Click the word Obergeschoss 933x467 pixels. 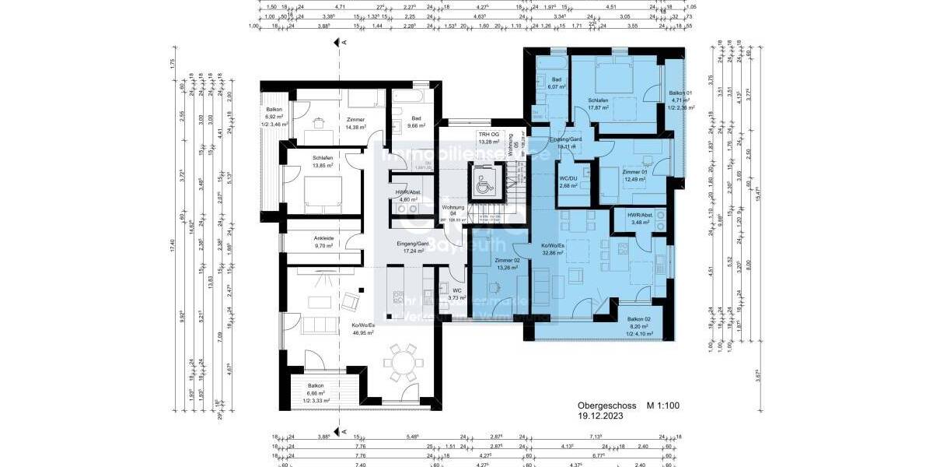[x=605, y=406]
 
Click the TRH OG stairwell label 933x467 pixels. [x=489, y=138]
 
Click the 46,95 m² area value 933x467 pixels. [x=363, y=332]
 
